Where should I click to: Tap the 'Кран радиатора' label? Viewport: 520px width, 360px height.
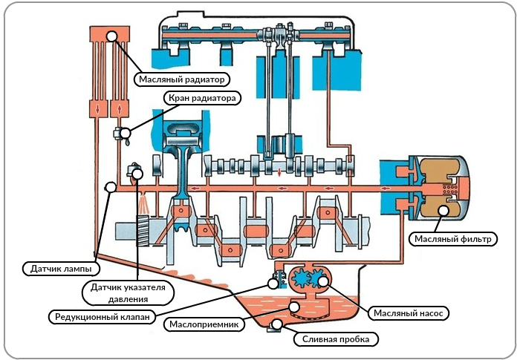coord(201,98)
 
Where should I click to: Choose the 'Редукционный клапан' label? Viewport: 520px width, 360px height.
coord(103,317)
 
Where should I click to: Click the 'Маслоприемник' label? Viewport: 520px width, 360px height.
coord(203,324)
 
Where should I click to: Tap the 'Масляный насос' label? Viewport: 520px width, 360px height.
coord(409,313)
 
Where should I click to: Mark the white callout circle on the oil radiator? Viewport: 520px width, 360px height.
coord(113,36)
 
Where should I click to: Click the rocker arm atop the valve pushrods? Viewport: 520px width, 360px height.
coord(281,33)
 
